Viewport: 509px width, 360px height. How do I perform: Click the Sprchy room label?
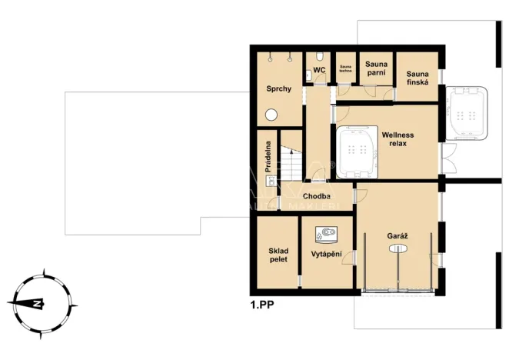[278, 89]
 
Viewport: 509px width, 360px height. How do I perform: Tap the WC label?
[320, 70]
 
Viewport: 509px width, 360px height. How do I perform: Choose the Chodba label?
[316, 196]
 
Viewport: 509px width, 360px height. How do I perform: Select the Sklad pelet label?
[278, 255]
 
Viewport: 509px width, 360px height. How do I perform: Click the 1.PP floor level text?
[262, 305]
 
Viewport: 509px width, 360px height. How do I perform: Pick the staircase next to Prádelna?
[291, 165]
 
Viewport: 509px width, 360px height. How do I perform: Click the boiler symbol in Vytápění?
[328, 232]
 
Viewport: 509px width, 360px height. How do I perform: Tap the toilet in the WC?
[309, 74]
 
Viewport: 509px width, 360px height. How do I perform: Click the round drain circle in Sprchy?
[271, 115]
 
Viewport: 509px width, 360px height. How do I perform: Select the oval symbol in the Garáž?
[397, 248]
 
